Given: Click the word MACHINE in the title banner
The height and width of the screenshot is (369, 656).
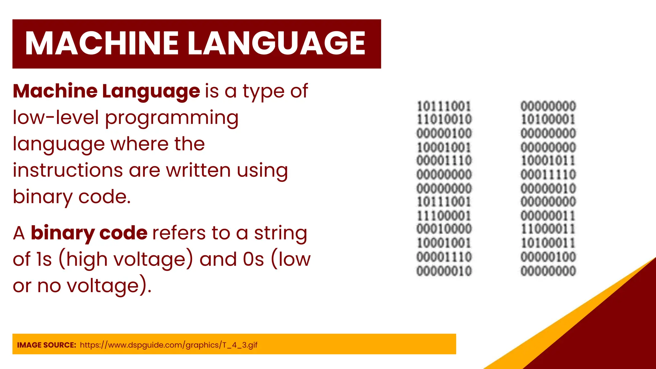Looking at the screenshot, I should pos(102,44).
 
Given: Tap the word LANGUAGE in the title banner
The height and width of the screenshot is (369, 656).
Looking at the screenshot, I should pos(276,44).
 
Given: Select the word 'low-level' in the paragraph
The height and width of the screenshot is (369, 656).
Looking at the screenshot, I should pos(56,118).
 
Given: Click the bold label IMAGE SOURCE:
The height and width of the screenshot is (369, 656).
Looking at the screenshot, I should pos(46,345).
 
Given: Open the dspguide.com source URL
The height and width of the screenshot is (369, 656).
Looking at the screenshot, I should pos(168,345).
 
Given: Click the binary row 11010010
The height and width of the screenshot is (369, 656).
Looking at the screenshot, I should pos(444,119).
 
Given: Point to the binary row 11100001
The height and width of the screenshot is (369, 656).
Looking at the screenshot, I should pos(444,216).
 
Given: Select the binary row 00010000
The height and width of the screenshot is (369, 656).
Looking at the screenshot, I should pos(444,229).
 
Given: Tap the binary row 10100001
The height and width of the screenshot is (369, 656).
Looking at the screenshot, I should pos(548,119).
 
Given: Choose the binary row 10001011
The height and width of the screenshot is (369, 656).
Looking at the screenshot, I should pos(548,160).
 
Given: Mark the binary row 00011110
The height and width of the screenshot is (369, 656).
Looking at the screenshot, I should pos(548,175).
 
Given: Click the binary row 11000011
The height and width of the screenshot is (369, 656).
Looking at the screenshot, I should pos(548,229).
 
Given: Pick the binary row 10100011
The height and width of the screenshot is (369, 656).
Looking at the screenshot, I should pos(548,243).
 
